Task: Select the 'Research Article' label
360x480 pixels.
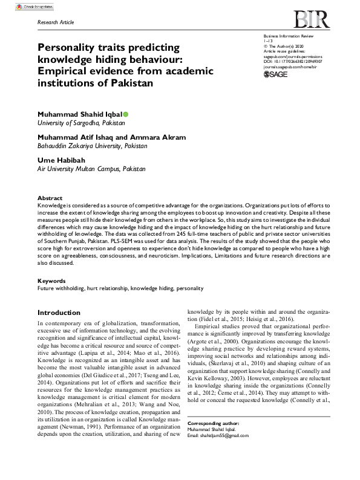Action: pyautogui.click(x=56, y=22)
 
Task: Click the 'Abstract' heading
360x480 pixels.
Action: pyautogui.click(x=50, y=198)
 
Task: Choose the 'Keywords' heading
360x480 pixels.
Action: pyautogui.click(x=51, y=281)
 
